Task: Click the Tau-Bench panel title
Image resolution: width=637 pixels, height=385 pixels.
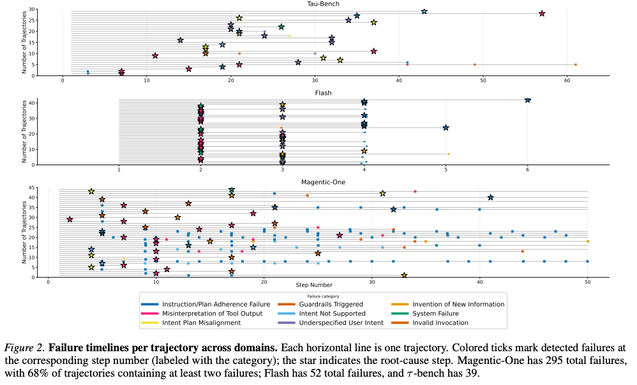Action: tap(323, 4)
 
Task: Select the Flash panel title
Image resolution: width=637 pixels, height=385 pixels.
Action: tap(323, 93)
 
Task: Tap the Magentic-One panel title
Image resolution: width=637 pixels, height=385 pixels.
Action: tap(323, 182)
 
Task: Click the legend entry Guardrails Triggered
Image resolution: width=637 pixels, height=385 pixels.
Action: tap(321, 304)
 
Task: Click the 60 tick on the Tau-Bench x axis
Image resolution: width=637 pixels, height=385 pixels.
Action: tap(567, 81)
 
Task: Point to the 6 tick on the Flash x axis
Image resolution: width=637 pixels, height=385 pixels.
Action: tap(527, 170)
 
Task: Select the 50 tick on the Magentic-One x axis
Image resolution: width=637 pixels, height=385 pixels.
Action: tap(587, 283)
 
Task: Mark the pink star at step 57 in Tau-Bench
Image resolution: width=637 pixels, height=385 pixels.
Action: tap(542, 13)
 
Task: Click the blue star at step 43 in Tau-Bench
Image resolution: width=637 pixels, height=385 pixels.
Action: tap(424, 11)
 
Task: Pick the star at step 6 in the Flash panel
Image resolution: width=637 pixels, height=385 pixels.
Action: tap(527, 100)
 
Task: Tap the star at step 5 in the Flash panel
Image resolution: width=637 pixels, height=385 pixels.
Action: tap(446, 127)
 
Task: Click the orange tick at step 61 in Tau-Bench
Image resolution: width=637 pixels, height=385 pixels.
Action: tap(575, 64)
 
